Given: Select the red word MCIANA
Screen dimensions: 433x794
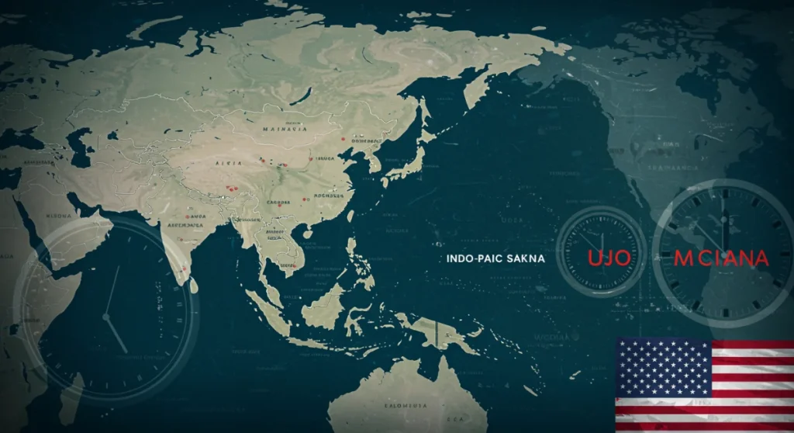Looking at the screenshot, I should pos(721,258).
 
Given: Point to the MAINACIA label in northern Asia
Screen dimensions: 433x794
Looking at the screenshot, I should pos(285,129).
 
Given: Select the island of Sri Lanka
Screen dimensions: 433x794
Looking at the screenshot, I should pos(193,286).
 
